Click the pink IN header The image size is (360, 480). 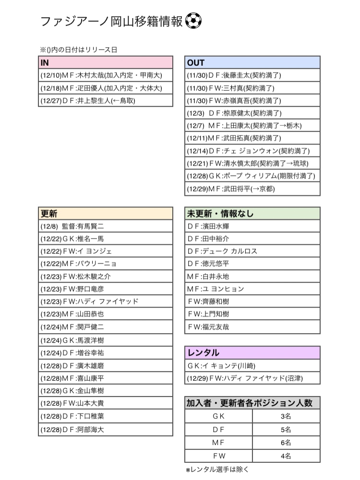coord(105,63)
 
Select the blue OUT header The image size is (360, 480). coord(252,63)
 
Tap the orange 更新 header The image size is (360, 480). coord(105,214)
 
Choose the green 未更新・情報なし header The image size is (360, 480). coord(252,214)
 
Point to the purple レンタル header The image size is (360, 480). coord(252,353)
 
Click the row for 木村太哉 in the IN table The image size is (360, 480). coord(105,75)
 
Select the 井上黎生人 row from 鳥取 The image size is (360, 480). coord(105,100)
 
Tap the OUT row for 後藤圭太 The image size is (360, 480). coord(252,75)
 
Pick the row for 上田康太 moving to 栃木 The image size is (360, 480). coord(252,126)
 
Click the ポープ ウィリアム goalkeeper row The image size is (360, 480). coord(252,176)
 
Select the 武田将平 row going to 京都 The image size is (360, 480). coord(252,189)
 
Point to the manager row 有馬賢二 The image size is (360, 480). coord(105,226)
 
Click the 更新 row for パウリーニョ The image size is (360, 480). coord(105,264)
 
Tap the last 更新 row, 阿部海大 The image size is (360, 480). coord(105,430)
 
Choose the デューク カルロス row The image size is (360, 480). coord(252,251)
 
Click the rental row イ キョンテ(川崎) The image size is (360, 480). coord(252,365)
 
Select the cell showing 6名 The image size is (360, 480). coord(286,443)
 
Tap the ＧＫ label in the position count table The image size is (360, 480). coord(218,416)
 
